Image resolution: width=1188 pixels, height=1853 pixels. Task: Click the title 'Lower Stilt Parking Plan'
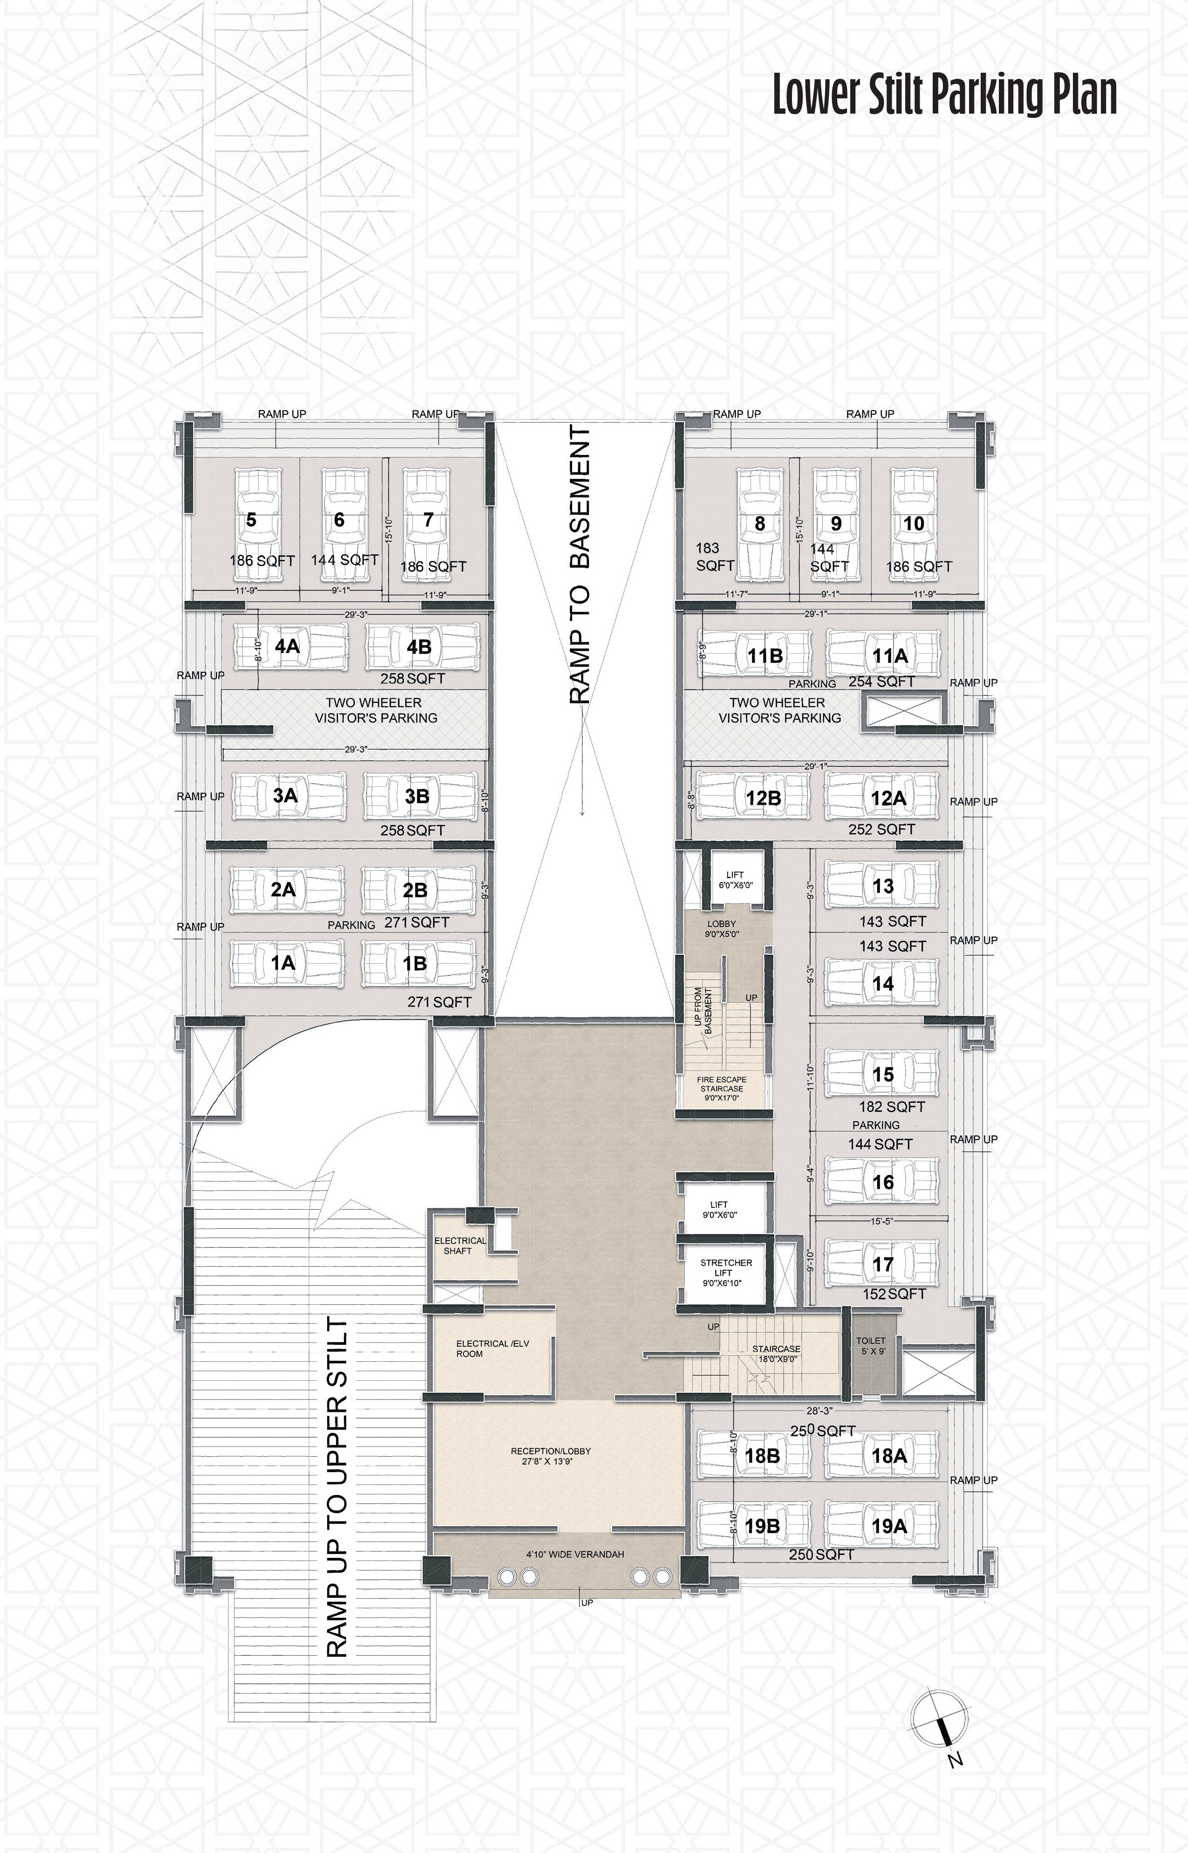pyautogui.click(x=945, y=96)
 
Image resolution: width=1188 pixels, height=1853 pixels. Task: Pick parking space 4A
pyautogui.click(x=289, y=646)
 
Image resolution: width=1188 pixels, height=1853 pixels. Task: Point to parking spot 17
pyautogui.click(x=882, y=1262)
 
